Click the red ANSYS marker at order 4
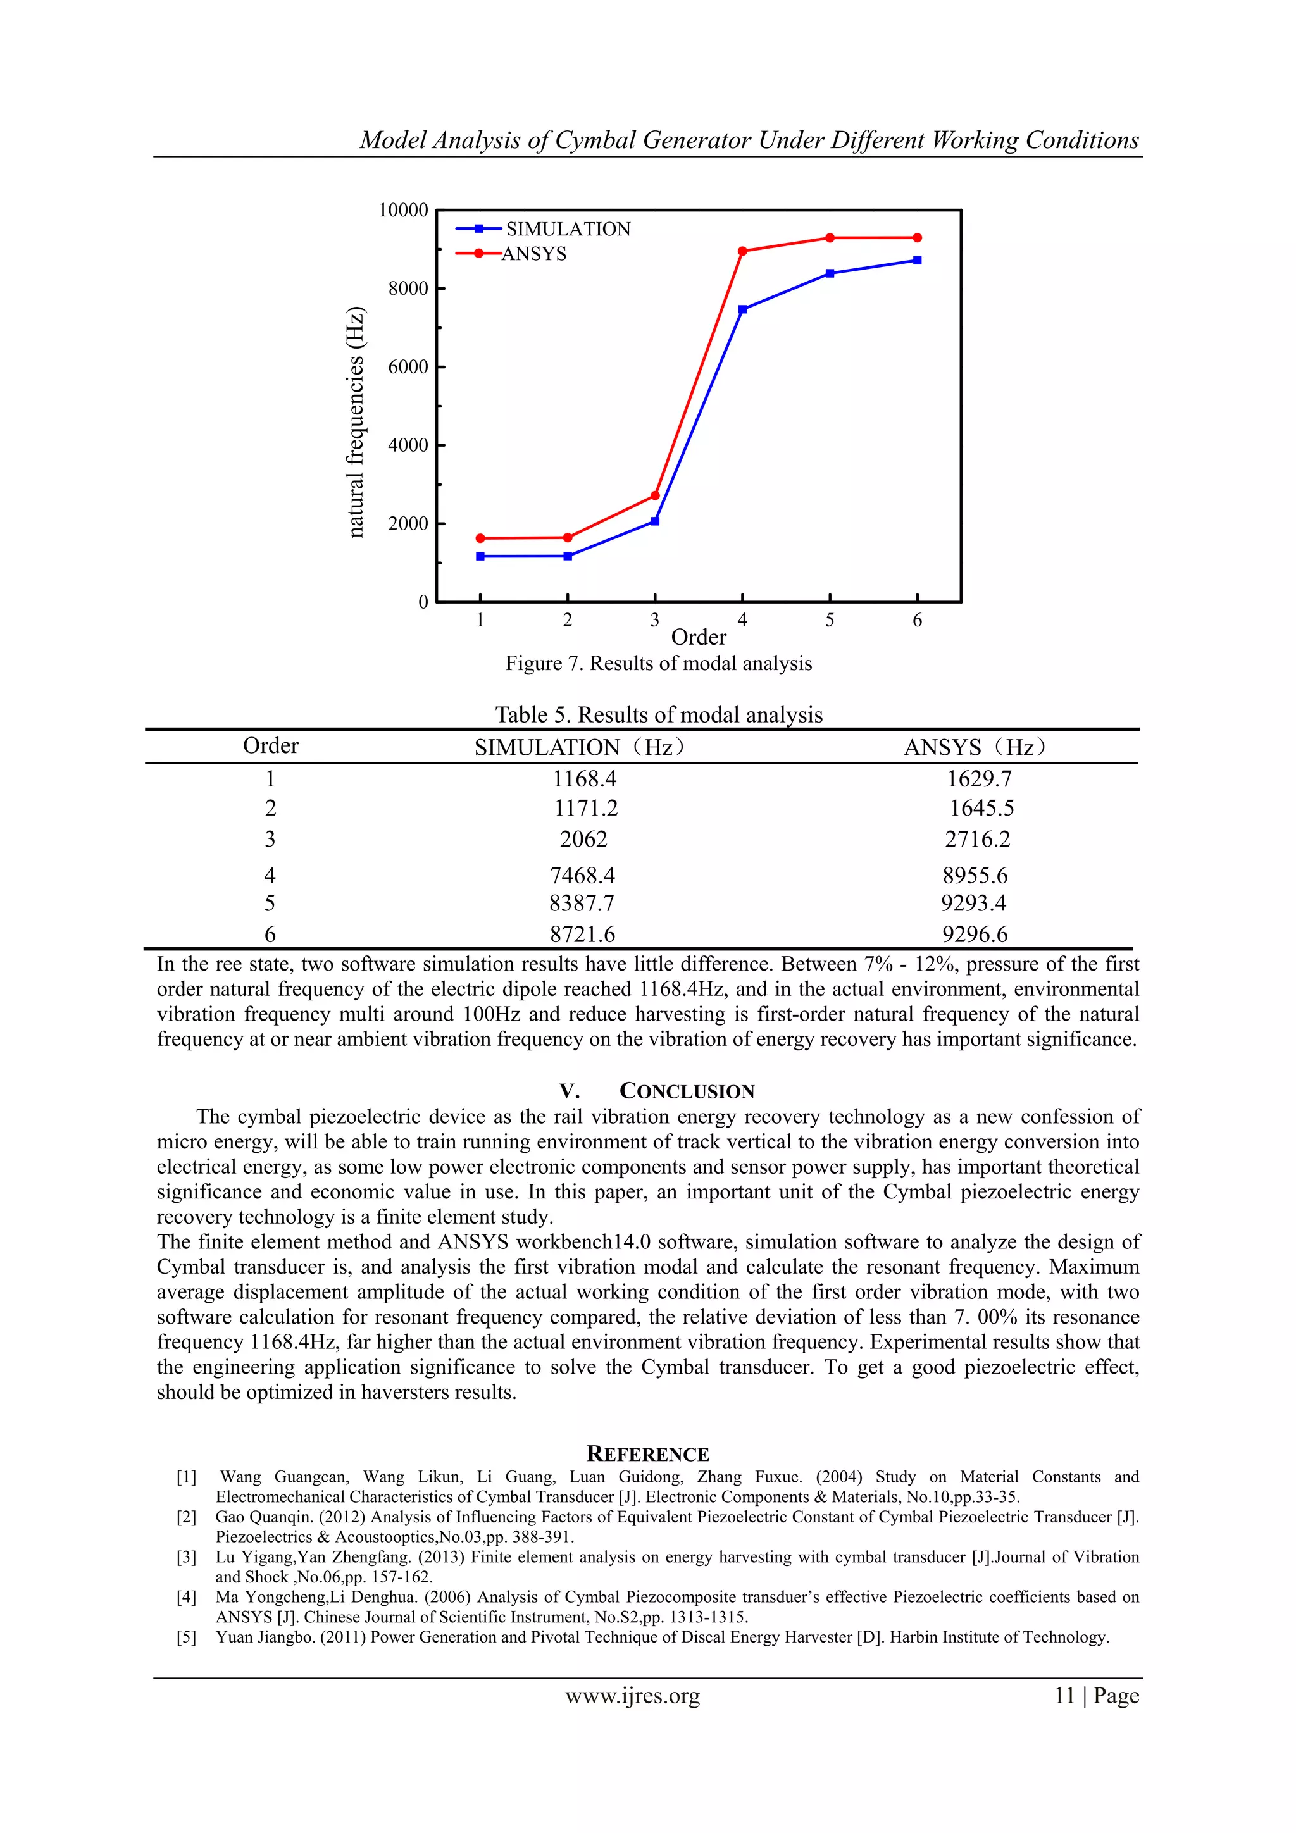743,251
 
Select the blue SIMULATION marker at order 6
917,260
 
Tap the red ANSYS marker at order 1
480,538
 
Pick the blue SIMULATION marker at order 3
655,521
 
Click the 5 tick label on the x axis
830,620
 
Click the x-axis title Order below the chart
699,637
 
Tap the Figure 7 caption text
658,664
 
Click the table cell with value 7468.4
582,876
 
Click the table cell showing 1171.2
586,809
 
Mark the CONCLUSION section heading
687,1091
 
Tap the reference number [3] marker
186,1556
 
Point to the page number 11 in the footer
1064,1696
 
